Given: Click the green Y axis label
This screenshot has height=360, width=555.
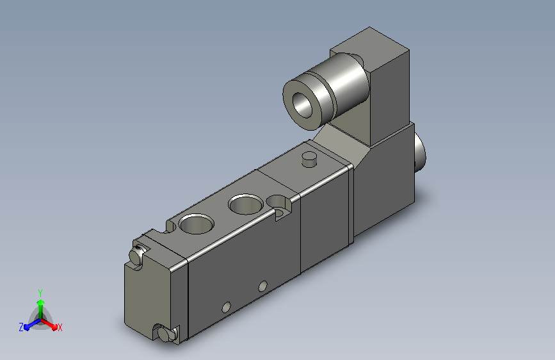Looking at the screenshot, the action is click(x=40, y=293).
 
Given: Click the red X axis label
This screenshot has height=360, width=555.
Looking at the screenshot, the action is click(x=60, y=327).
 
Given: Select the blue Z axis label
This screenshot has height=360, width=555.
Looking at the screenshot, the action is click(x=21, y=327).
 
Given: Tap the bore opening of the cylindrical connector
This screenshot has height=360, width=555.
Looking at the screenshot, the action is click(x=302, y=105).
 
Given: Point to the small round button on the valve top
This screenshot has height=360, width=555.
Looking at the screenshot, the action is click(x=309, y=158).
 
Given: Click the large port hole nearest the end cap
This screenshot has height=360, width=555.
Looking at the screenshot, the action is click(x=197, y=224).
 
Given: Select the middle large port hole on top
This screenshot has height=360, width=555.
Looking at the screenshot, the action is click(x=246, y=204).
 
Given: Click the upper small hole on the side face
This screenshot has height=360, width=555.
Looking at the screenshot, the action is click(x=262, y=286).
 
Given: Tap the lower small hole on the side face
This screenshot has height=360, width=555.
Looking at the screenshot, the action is click(x=226, y=307).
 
